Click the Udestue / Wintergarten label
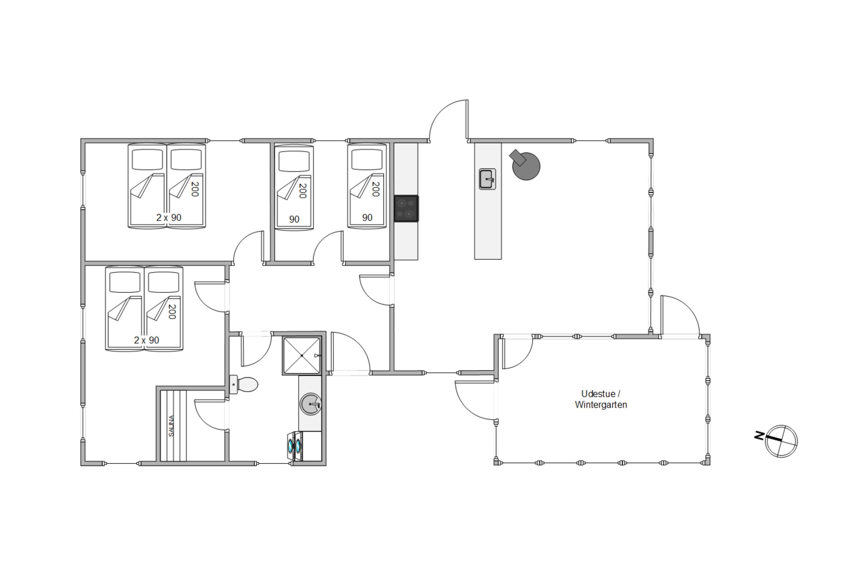click(601, 399)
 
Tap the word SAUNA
click(171, 426)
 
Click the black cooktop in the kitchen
click(406, 208)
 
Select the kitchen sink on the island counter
click(487, 179)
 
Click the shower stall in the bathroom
click(302, 355)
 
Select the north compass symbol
click(781, 441)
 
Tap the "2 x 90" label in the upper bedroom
click(168, 218)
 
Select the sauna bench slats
click(173, 426)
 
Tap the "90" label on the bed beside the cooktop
click(367, 218)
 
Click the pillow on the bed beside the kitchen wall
click(367, 160)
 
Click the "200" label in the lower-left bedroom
click(172, 312)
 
